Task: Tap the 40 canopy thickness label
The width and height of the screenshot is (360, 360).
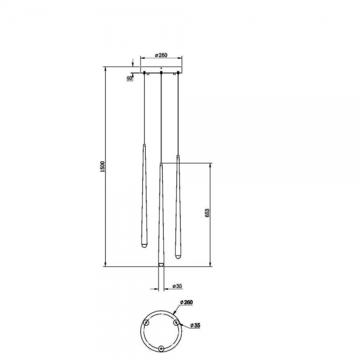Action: coord(130,77)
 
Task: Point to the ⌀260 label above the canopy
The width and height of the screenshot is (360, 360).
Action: coord(161,56)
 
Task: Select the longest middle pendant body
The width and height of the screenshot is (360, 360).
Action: coord(161,216)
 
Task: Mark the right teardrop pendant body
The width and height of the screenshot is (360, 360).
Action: coord(178,204)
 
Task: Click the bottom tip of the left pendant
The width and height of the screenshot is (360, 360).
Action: coord(144,247)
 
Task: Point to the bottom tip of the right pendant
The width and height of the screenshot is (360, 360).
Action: coord(178,254)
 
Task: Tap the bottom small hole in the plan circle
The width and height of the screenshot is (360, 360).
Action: coord(161,349)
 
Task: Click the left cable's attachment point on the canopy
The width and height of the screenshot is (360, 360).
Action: coord(145,74)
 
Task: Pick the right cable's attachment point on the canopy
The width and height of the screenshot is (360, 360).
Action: coord(178,74)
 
